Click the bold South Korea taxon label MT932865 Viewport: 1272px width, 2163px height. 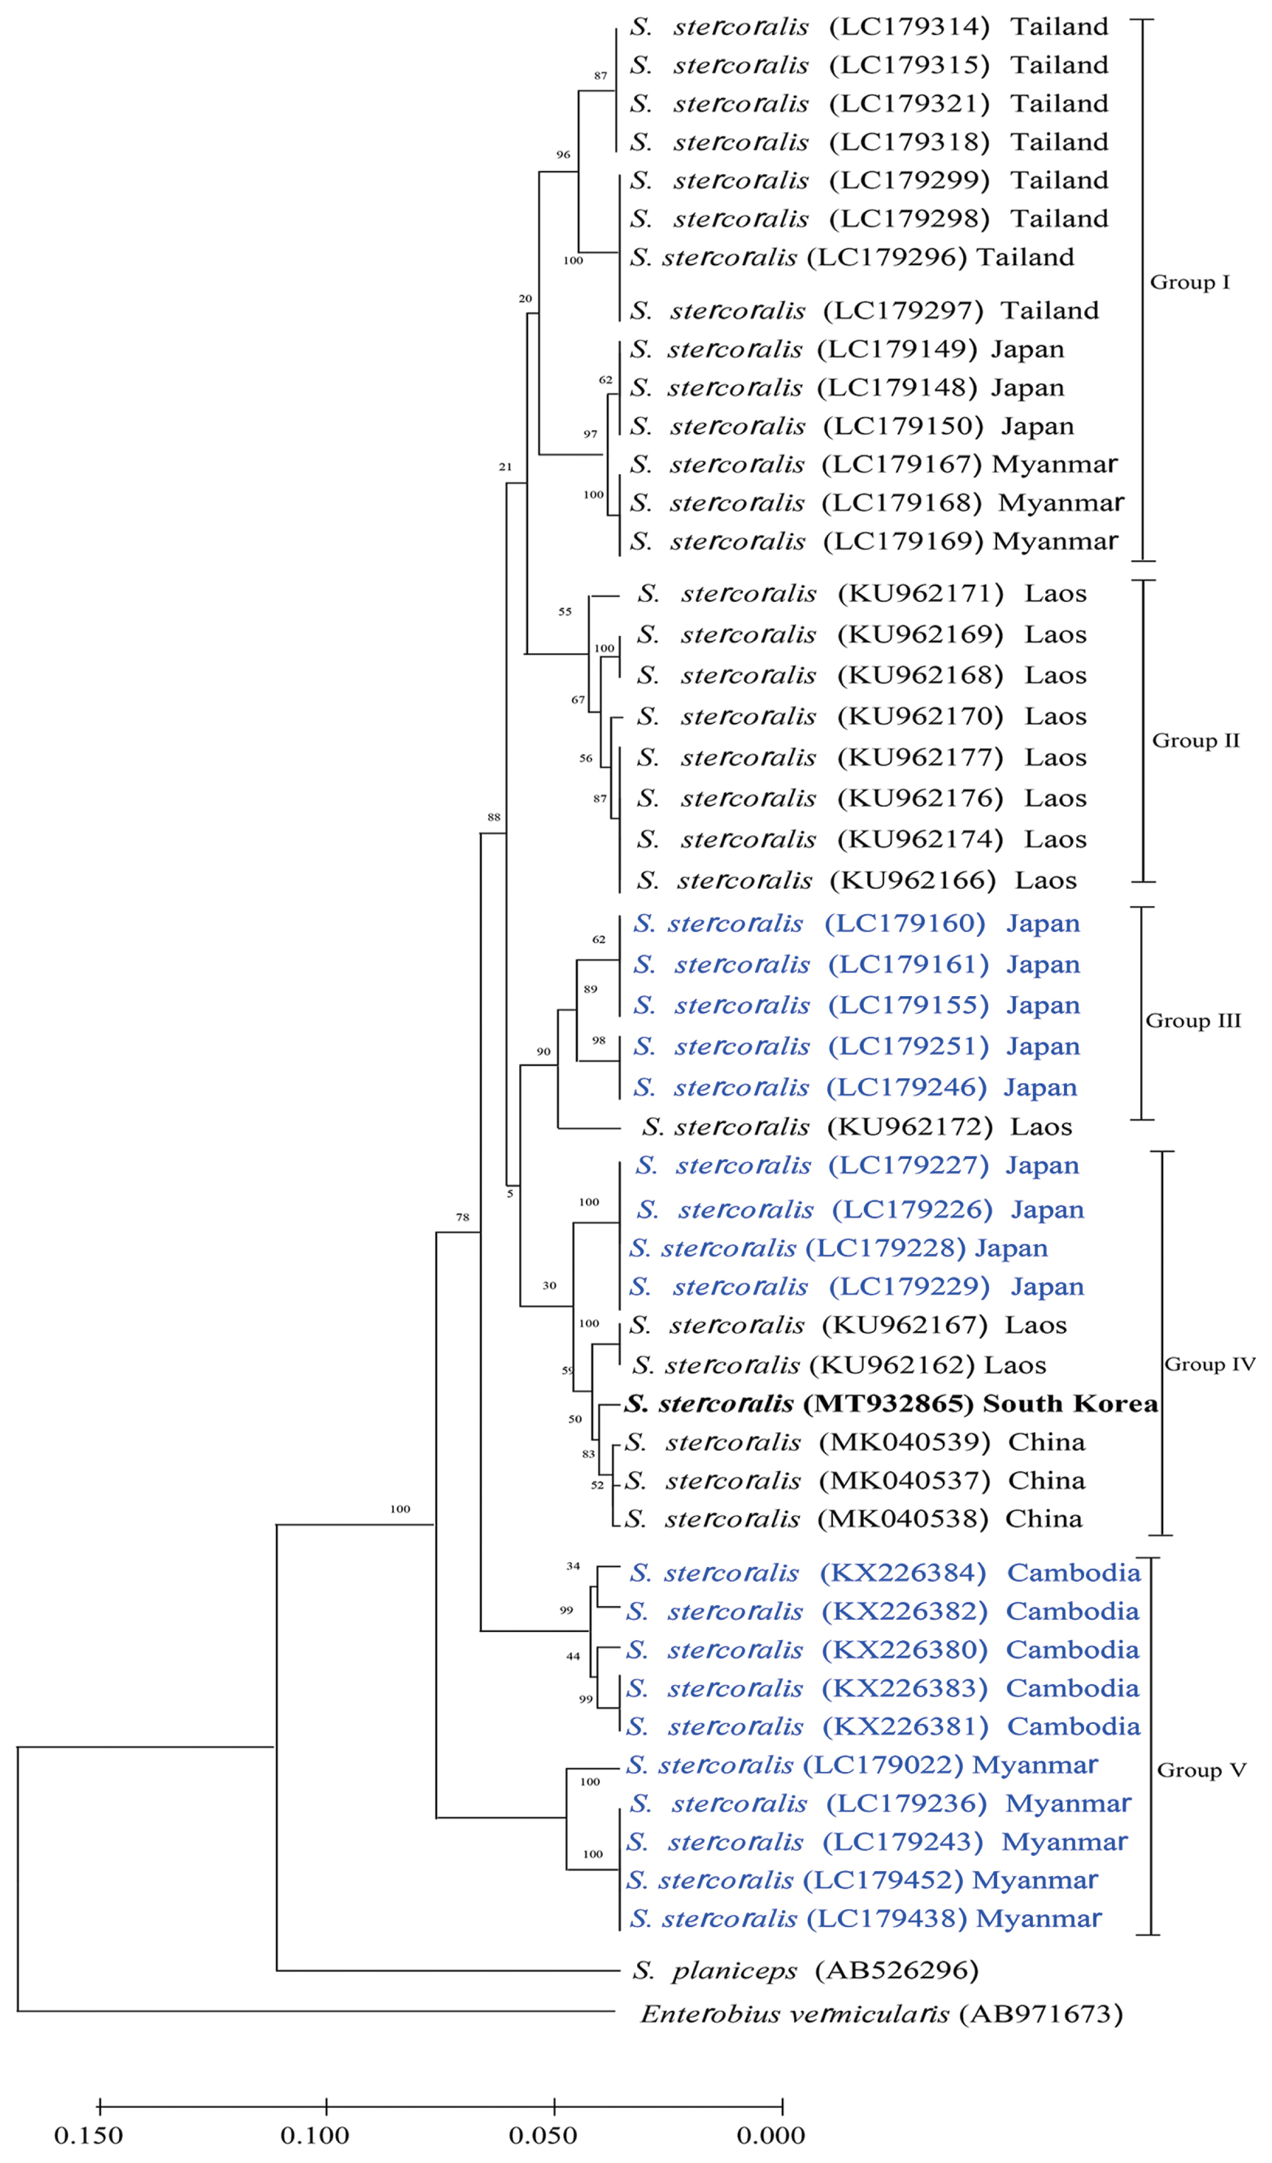click(x=890, y=1403)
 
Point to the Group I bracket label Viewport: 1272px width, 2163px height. click(x=1190, y=282)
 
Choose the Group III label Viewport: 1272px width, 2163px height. click(x=1193, y=1021)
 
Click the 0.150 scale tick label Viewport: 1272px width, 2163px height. click(x=89, y=2136)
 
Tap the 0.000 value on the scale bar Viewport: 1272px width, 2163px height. click(x=771, y=2136)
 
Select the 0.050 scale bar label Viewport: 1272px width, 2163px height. click(x=543, y=2136)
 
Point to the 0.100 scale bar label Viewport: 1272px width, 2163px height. click(x=315, y=2136)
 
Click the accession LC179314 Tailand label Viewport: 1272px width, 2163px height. click(x=869, y=27)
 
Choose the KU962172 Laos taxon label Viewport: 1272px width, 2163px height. click(x=856, y=1126)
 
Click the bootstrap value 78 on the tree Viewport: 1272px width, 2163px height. click(x=463, y=1217)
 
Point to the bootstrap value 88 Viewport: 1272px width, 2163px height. click(x=494, y=817)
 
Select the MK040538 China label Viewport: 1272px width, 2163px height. click(x=853, y=1518)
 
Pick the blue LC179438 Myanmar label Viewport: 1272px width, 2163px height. click(x=864, y=1919)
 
